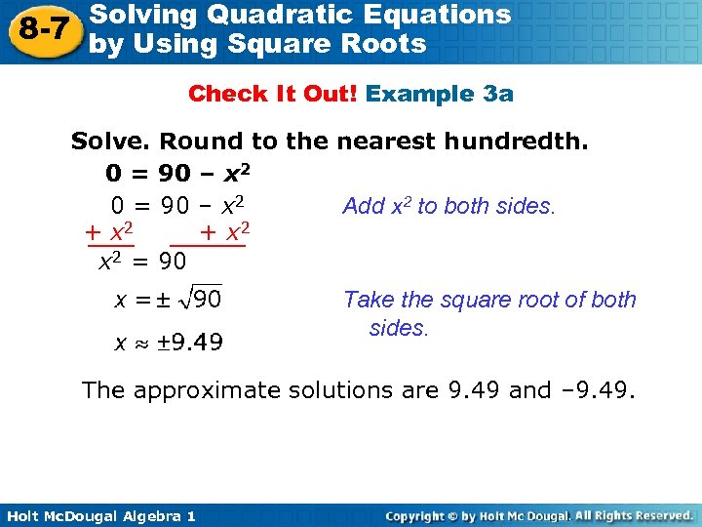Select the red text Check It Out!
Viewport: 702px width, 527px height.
pyautogui.click(x=274, y=94)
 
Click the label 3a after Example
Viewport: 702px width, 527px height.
pyautogui.click(x=498, y=94)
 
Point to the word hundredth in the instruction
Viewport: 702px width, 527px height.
pyautogui.click(x=515, y=142)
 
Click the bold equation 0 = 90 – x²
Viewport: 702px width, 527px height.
pyautogui.click(x=180, y=174)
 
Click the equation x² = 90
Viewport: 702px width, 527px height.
pyautogui.click(x=143, y=263)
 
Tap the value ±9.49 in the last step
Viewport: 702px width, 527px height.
pyautogui.click(x=192, y=342)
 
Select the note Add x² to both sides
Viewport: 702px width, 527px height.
pyautogui.click(x=448, y=206)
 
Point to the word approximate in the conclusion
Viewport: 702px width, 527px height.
pyautogui.click(x=210, y=391)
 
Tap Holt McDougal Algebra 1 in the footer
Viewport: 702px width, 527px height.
pyautogui.click(x=98, y=515)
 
